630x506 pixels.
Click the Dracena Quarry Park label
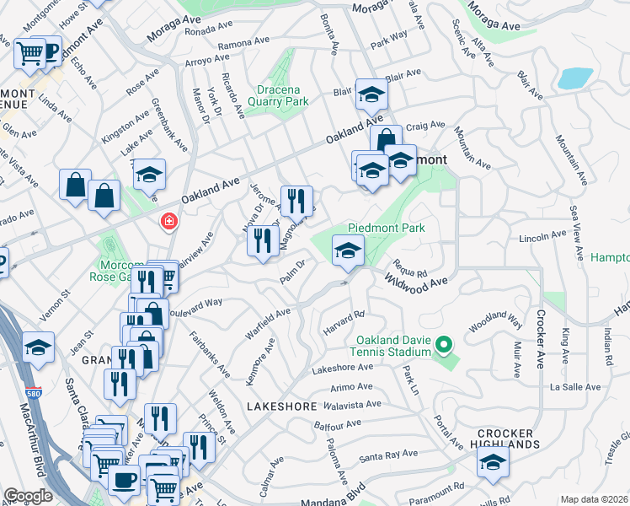point(271,94)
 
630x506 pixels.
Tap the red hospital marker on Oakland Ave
point(169,222)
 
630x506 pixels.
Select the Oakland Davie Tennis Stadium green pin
point(446,345)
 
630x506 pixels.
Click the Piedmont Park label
point(387,228)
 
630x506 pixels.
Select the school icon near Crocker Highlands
point(493,460)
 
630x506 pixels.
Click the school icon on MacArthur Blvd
point(38,347)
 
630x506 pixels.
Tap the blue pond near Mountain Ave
point(574,79)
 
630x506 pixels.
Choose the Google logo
point(28,496)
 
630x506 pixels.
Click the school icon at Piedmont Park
point(348,249)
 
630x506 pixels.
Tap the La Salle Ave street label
point(576,387)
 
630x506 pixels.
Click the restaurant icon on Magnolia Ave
point(296,200)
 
